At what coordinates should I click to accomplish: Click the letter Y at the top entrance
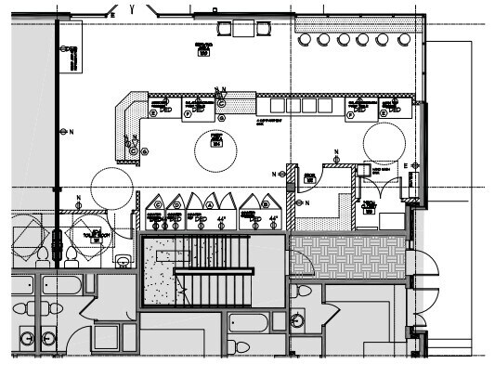tap(134, 9)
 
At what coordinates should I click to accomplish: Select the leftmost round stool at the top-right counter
tap(304, 39)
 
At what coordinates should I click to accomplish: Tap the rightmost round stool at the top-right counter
tap(403, 39)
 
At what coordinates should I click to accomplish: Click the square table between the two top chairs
tap(244, 28)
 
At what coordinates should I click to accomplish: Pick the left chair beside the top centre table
tap(225, 29)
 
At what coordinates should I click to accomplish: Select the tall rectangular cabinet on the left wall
tap(71, 58)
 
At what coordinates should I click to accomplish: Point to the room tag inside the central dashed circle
tap(215, 144)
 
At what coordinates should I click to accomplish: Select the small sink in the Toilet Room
tap(122, 261)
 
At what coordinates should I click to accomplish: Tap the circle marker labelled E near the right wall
tap(405, 165)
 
